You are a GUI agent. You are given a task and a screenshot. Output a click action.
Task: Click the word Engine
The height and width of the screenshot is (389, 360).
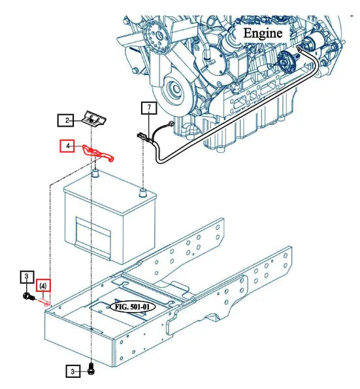click(263, 32)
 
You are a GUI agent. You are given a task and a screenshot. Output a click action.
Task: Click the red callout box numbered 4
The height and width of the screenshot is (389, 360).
click(68, 147)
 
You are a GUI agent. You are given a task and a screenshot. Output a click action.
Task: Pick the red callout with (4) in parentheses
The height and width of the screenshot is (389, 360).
click(42, 285)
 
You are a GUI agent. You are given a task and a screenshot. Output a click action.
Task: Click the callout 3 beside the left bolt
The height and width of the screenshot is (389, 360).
click(25, 278)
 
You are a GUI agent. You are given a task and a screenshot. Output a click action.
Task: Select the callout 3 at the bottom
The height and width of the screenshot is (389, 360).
click(73, 372)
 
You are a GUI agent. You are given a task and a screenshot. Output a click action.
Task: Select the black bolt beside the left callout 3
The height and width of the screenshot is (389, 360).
click(27, 297)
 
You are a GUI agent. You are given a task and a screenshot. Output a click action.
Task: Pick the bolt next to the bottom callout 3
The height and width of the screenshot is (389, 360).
click(91, 371)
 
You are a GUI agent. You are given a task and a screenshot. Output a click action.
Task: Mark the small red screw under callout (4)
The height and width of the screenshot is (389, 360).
click(45, 301)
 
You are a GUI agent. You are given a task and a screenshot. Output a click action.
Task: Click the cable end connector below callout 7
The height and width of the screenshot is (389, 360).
click(141, 136)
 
